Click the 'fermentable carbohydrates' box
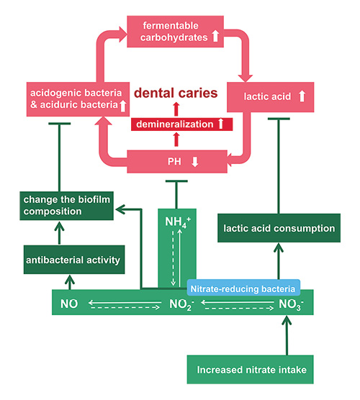[x=178, y=32]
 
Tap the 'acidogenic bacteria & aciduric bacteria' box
[x=69, y=101]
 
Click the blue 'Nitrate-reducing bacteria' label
[x=243, y=288]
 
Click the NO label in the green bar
[x=69, y=303]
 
